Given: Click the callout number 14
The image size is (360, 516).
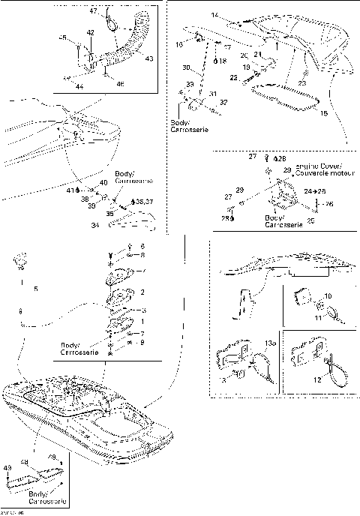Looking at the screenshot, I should click(x=214, y=16).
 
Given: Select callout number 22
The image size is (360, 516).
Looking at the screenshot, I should click(x=232, y=78).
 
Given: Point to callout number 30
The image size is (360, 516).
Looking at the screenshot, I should click(x=186, y=68).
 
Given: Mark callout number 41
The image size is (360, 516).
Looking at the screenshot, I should click(x=69, y=191).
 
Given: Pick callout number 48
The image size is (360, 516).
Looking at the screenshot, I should click(x=25, y=462).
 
